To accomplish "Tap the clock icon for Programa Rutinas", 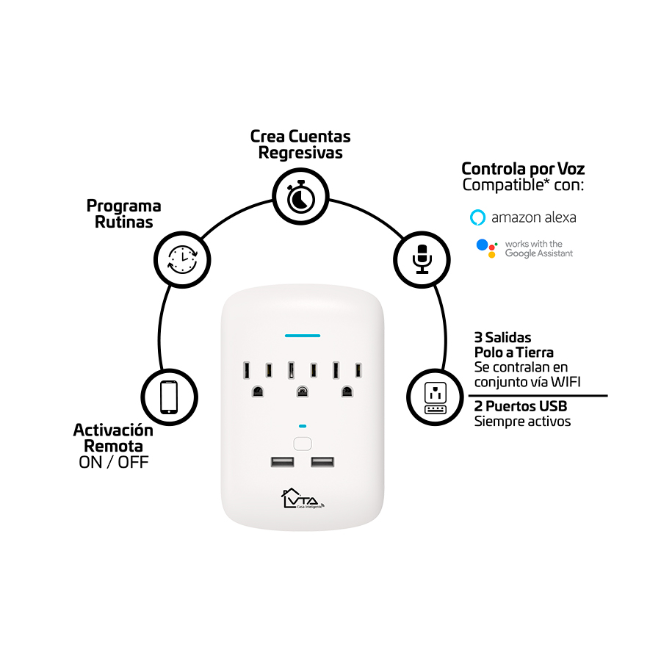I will [181, 258].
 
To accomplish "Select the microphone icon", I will [422, 258].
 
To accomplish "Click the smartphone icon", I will [170, 397].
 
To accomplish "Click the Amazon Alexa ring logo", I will [478, 217].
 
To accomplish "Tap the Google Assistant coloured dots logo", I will [486, 248].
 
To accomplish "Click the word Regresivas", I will [300, 153].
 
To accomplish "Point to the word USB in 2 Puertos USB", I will [551, 406].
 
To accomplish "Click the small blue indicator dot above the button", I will [302, 426].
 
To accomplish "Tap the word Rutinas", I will [124, 222].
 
